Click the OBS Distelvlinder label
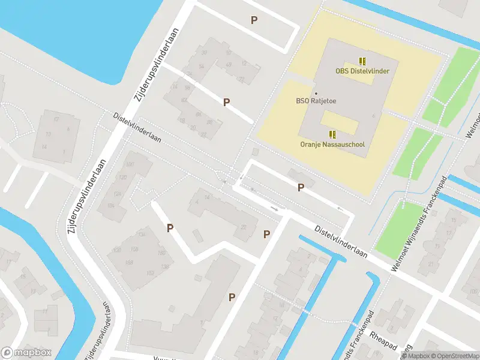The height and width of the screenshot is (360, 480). [362, 71]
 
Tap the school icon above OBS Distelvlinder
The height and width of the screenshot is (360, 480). [362, 61]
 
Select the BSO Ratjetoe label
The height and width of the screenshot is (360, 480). [316, 101]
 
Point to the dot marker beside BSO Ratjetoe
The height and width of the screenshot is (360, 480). [316, 93]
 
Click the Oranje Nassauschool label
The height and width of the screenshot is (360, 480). [332, 144]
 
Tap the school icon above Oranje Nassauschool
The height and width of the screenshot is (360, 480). [332, 134]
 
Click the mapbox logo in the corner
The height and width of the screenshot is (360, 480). [26, 353]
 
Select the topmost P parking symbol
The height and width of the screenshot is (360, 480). [254, 20]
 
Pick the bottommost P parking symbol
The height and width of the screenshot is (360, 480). [232, 296]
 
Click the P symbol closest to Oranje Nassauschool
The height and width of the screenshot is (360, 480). [301, 187]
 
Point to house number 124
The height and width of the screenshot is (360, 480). [118, 194]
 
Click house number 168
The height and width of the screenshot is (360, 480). [128, 262]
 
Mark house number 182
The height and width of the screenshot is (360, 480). [150, 274]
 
